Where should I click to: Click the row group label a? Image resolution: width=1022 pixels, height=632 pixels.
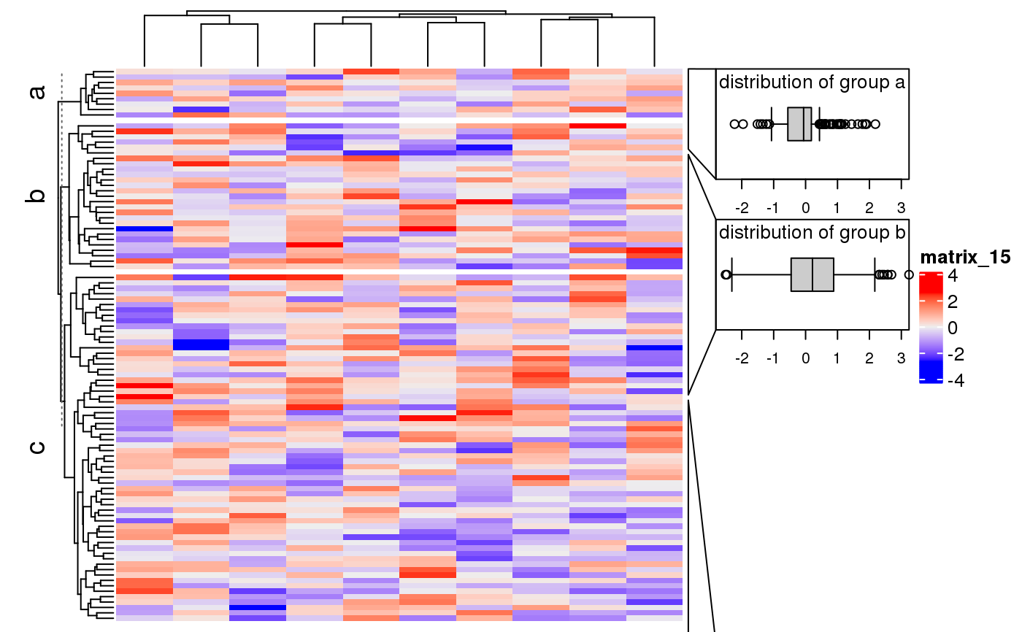pos(36,92)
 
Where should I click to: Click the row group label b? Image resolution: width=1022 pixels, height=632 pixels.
pos(36,196)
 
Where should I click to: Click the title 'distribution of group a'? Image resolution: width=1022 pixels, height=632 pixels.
pos(812,82)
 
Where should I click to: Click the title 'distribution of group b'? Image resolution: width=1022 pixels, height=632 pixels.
pos(812,233)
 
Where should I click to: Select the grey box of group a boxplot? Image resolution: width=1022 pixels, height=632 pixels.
pos(799,124)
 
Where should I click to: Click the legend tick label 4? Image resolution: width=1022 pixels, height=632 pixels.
pos(952,277)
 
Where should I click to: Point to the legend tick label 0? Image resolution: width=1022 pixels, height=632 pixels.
pos(952,328)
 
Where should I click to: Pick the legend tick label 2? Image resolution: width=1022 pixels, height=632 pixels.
pos(952,302)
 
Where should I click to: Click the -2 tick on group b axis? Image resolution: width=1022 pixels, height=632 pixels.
pos(742,358)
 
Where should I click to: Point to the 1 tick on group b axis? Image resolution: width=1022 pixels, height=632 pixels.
pos(837,358)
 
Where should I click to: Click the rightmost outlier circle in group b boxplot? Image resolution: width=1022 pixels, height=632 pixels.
pos(909,274)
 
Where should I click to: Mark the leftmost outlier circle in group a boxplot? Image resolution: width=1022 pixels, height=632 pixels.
pos(734,124)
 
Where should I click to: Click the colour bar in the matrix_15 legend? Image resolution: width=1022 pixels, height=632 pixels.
pos(931,328)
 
